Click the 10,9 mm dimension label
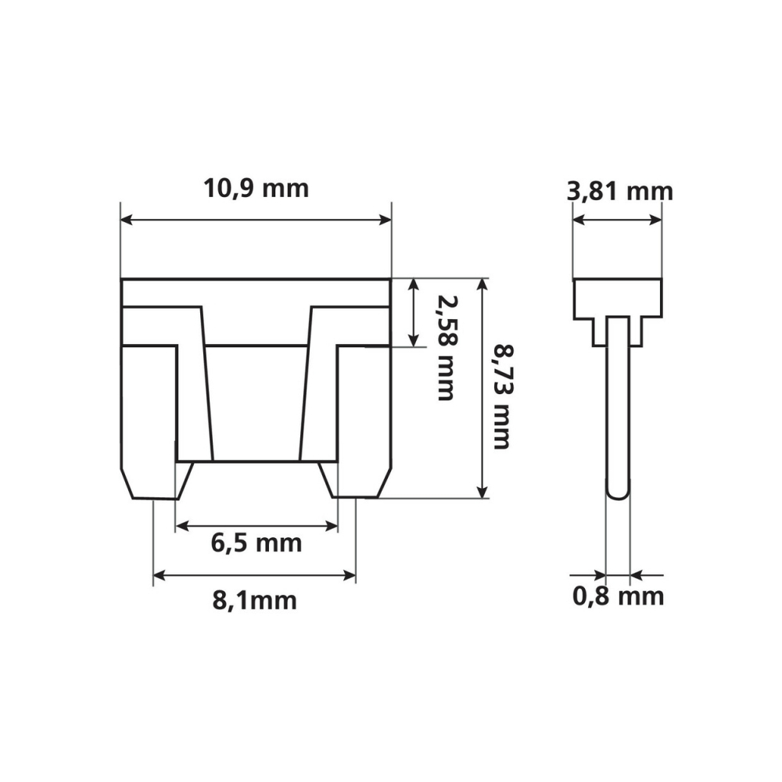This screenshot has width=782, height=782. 256,189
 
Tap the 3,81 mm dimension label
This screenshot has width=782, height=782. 620,192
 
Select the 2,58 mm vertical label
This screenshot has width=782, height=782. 445,348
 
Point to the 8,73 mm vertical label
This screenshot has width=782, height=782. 502,396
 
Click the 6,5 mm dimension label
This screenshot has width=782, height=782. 256,543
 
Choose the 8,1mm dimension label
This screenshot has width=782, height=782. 254,600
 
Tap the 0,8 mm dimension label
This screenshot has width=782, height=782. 618,597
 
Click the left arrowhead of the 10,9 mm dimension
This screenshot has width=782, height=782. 127,220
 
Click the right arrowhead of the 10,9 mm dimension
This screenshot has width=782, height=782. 386,220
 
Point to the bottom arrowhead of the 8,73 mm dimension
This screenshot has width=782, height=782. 482,492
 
